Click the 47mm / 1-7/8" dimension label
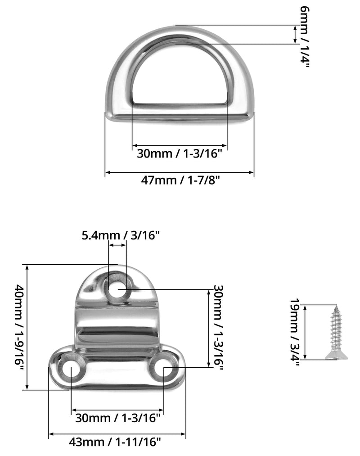click(180, 181)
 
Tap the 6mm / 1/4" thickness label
click(305, 37)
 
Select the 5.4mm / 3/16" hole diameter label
click(121, 235)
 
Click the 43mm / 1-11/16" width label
click(115, 442)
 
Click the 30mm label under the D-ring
click(180, 153)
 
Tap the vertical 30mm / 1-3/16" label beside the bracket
click(218, 327)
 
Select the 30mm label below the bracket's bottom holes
click(118, 418)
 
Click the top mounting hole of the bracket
click(118, 289)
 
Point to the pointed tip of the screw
click(337, 305)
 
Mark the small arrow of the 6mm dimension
click(296, 35)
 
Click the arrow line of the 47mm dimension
click(180, 172)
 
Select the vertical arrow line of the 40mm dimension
click(27, 327)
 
